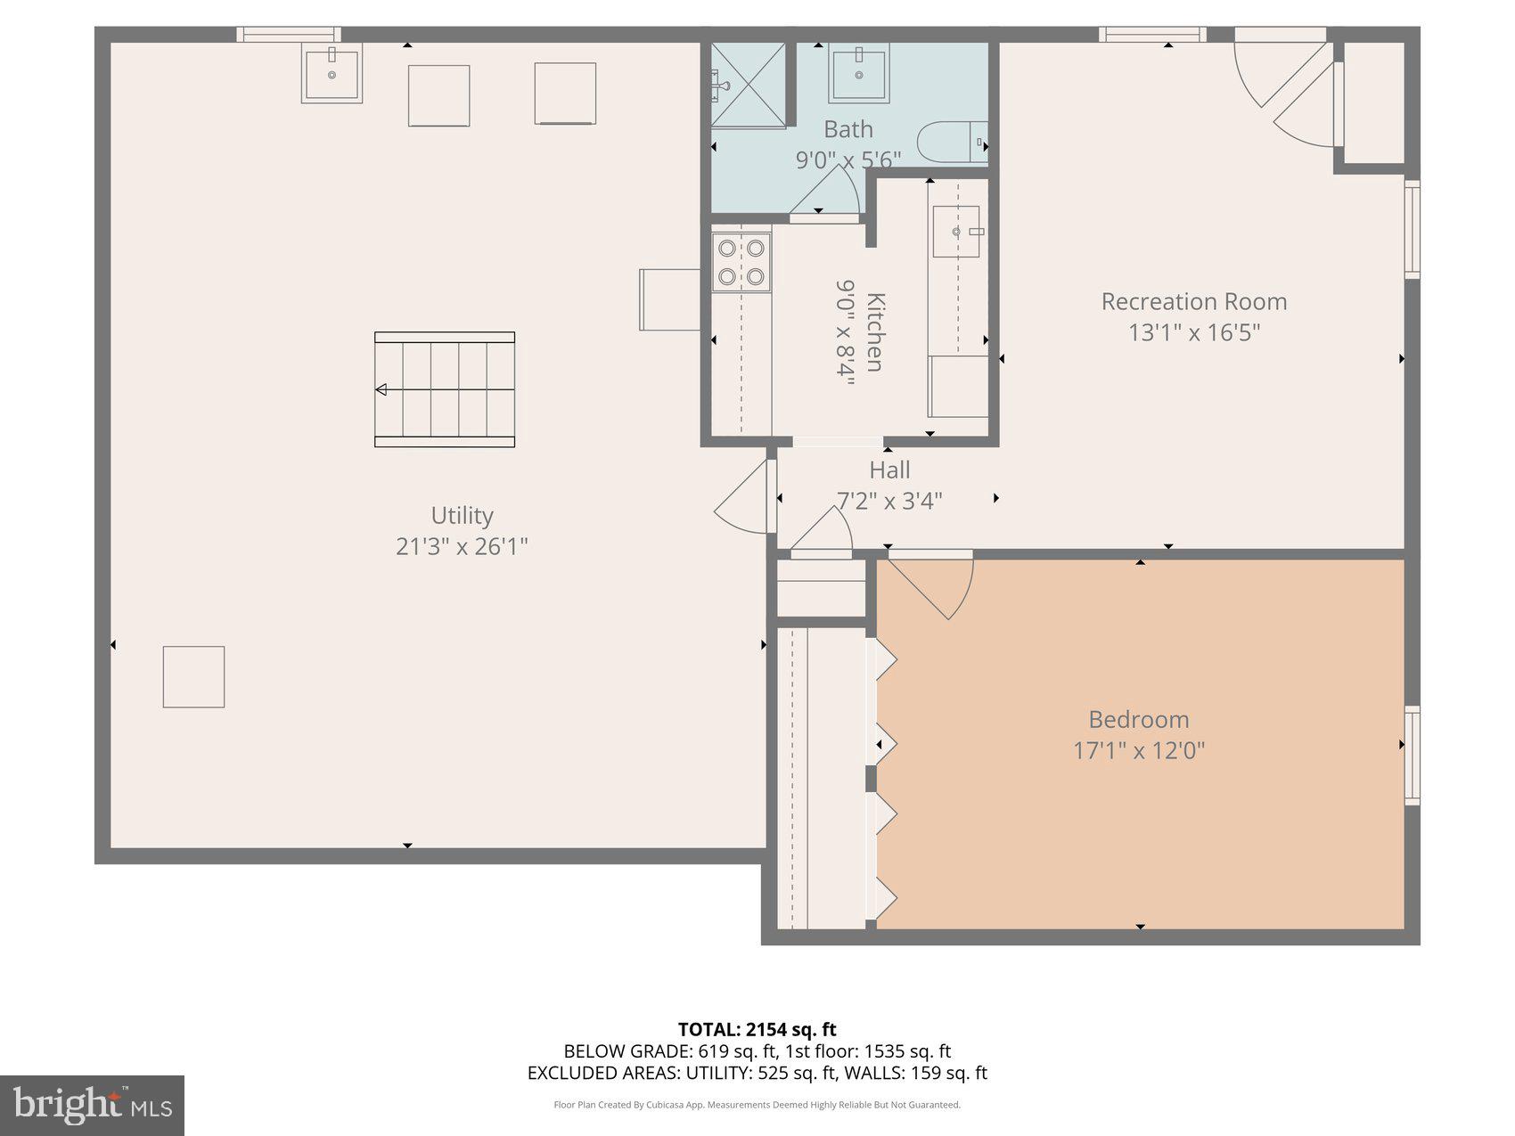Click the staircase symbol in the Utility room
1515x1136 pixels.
pos(444,389)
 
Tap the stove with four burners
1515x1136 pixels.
pos(741,262)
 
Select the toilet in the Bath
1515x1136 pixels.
pos(952,143)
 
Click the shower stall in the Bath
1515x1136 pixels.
pos(749,86)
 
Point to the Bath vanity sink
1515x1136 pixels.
pos(859,76)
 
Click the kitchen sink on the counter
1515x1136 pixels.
pos(956,233)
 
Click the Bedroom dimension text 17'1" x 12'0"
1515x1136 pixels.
pos(1138,750)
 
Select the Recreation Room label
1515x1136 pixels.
pos(1193,301)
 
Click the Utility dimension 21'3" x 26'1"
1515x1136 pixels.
pos(462,545)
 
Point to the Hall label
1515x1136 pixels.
pos(889,470)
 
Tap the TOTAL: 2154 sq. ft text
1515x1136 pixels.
pos(757,1030)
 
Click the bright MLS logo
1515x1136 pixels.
pos(92,1106)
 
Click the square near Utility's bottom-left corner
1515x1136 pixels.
pos(193,677)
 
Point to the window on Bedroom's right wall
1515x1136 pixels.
pos(1412,756)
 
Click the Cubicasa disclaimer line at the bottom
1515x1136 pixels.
pos(757,1105)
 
